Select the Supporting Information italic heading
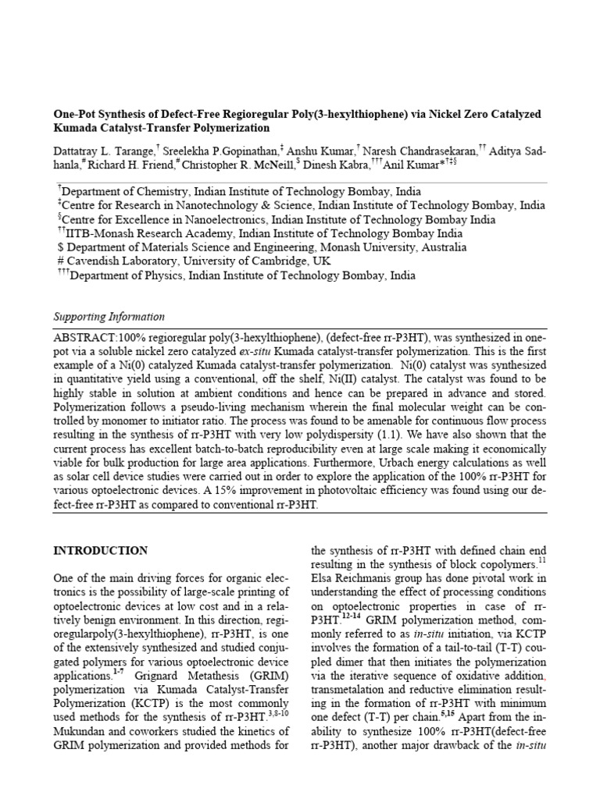[109, 317]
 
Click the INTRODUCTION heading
[100, 550]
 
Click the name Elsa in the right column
[323, 577]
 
